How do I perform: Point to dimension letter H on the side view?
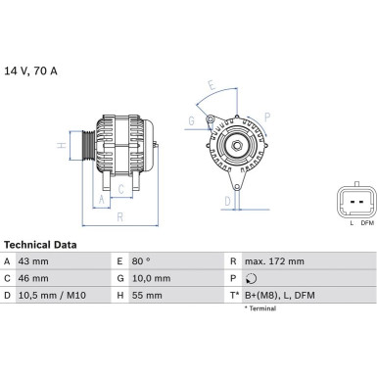point(61,146)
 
